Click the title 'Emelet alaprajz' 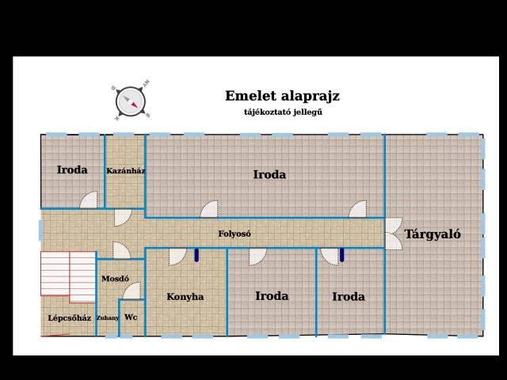[282, 97]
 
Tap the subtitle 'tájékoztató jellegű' [284, 112]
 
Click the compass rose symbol [131, 101]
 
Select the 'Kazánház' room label [125, 171]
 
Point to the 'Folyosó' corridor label [234, 234]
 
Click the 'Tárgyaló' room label [433, 234]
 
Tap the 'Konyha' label [185, 297]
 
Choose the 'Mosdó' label [116, 279]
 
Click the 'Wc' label [131, 317]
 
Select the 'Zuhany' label [108, 318]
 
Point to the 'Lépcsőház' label [70, 318]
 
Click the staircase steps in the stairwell [68, 277]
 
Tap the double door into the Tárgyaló [394, 234]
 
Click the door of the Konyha [177, 256]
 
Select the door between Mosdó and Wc [132, 291]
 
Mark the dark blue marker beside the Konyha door [196, 255]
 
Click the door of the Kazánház [123, 218]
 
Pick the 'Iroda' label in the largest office [269, 175]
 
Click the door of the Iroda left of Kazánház [89, 199]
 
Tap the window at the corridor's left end [41, 230]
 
